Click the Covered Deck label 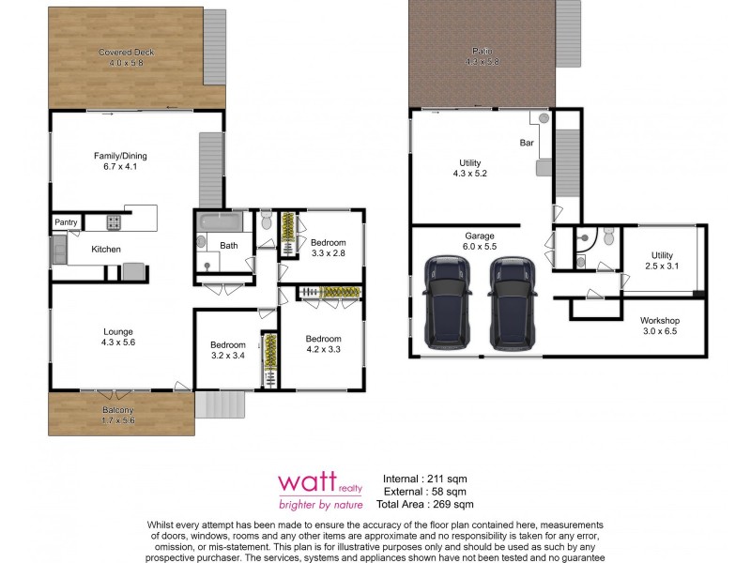tap(127, 56)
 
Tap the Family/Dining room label tap(120, 161)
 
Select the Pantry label tap(66, 222)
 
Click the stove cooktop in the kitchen tap(113, 222)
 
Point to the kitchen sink tap(58, 250)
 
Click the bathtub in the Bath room tap(220, 223)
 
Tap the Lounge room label tap(118, 336)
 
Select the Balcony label tap(118, 415)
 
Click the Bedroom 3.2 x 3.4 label tap(227, 350)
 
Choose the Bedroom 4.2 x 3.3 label tap(322, 343)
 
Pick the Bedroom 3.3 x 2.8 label tap(329, 247)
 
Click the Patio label tap(481, 56)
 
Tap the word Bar tap(527, 144)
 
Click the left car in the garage tap(447, 301)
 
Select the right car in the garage tap(513, 301)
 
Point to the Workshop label tap(660, 326)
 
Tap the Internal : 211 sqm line tap(425, 479)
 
